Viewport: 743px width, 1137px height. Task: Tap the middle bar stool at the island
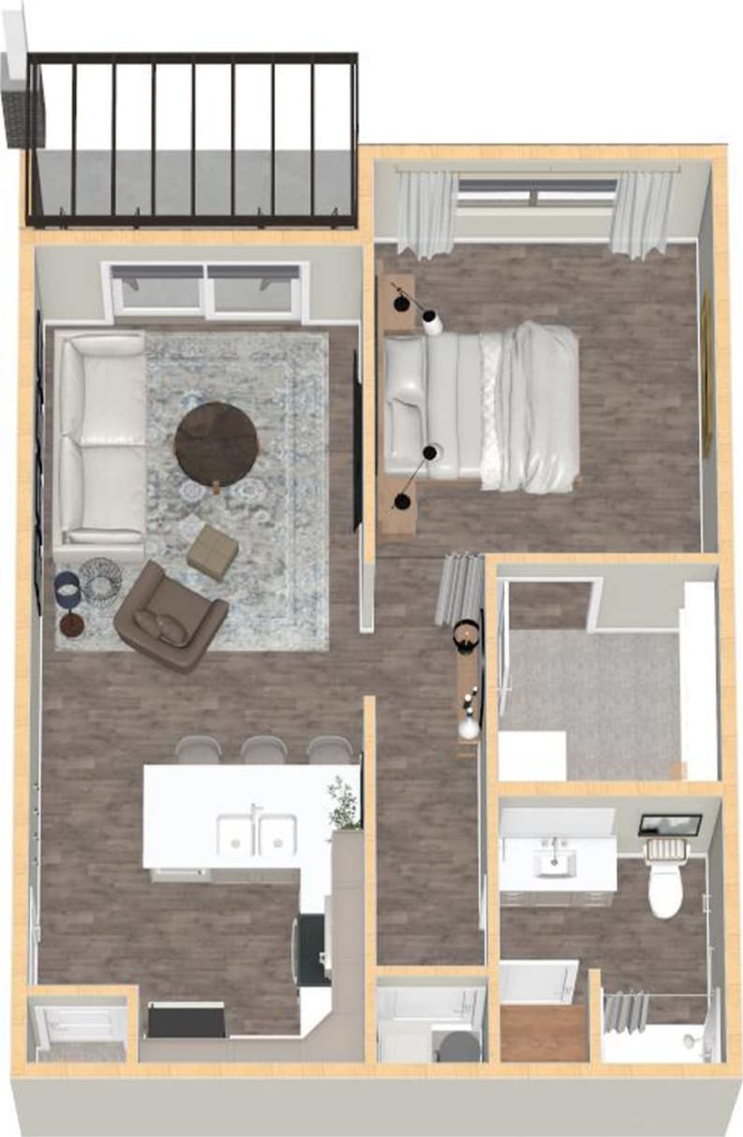point(263,750)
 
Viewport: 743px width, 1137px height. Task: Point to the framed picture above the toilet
point(670,825)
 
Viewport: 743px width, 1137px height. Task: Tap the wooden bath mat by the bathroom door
point(543,1033)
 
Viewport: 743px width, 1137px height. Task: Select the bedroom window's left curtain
point(425,214)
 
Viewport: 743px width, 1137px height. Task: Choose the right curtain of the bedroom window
point(641,214)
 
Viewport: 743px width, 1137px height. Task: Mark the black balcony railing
point(193,140)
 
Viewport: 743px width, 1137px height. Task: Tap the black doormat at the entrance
point(186,1021)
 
